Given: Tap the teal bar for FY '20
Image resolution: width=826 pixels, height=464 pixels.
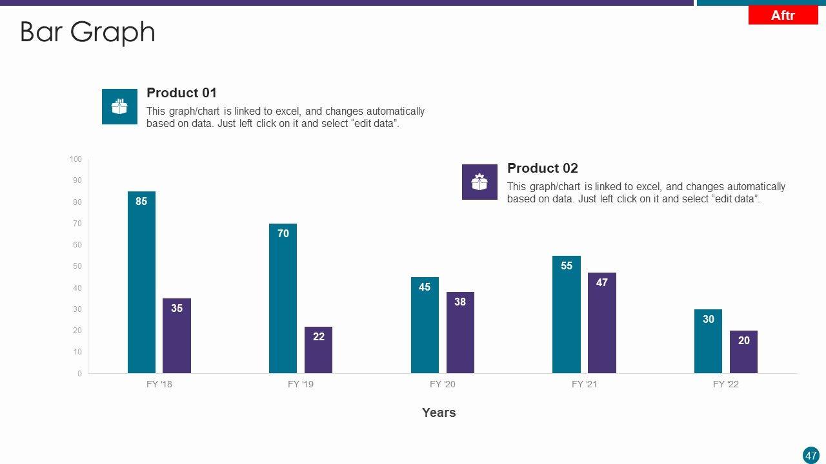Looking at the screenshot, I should tap(425, 325).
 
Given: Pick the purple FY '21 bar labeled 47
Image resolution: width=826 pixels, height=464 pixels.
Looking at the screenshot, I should tap(601, 323).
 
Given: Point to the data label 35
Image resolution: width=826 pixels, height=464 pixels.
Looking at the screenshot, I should tap(177, 309).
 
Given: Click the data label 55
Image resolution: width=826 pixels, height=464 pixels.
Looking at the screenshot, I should tap(567, 266).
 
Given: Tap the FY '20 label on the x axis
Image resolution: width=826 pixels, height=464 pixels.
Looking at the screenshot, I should tap(443, 384).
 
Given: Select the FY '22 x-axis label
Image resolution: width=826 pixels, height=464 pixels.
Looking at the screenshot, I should tap(726, 384).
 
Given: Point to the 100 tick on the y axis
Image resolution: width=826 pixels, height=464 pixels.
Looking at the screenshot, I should tap(76, 159).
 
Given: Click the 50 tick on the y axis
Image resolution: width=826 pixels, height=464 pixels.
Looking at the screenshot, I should tap(77, 266).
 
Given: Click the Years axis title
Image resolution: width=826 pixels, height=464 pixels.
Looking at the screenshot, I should tap(439, 412).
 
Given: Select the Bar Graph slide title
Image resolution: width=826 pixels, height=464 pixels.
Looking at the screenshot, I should tap(88, 32).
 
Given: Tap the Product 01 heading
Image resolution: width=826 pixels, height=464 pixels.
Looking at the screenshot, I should tap(181, 93).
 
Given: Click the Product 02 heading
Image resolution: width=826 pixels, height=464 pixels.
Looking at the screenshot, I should tap(542, 168).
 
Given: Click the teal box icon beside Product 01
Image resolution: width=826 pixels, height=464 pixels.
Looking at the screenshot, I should tap(119, 106).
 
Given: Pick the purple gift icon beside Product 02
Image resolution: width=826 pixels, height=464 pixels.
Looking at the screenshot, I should tap(479, 182).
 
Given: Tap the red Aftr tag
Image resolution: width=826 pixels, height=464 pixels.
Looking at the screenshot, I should tap(783, 15).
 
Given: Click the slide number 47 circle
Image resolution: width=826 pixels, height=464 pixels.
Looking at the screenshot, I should tap(811, 455).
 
